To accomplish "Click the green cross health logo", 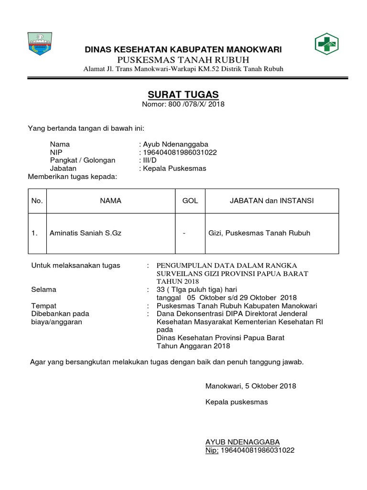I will click(326, 45).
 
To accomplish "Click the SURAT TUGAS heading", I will click(183, 95).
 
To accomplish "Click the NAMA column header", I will click(110, 201).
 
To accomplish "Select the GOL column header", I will click(190, 201).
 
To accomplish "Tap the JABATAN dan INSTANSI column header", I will click(271, 201).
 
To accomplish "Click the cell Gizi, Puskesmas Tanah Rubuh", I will click(259, 234).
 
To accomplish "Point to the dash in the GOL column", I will click(184, 234).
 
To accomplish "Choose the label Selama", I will click(43, 290).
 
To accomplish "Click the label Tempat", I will click(43, 306).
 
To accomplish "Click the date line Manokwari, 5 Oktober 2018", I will click(251, 386).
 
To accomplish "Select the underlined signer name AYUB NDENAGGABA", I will click(242, 442).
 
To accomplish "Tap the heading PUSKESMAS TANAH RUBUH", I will click(183, 60).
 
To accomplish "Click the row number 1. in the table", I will click(34, 234).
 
